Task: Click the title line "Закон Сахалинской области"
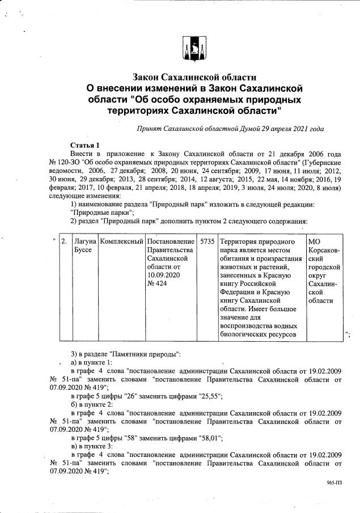tap(194, 77)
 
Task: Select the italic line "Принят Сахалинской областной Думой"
tap(230, 129)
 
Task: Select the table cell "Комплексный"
tap(120, 242)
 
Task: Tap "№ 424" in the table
tap(158, 283)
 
